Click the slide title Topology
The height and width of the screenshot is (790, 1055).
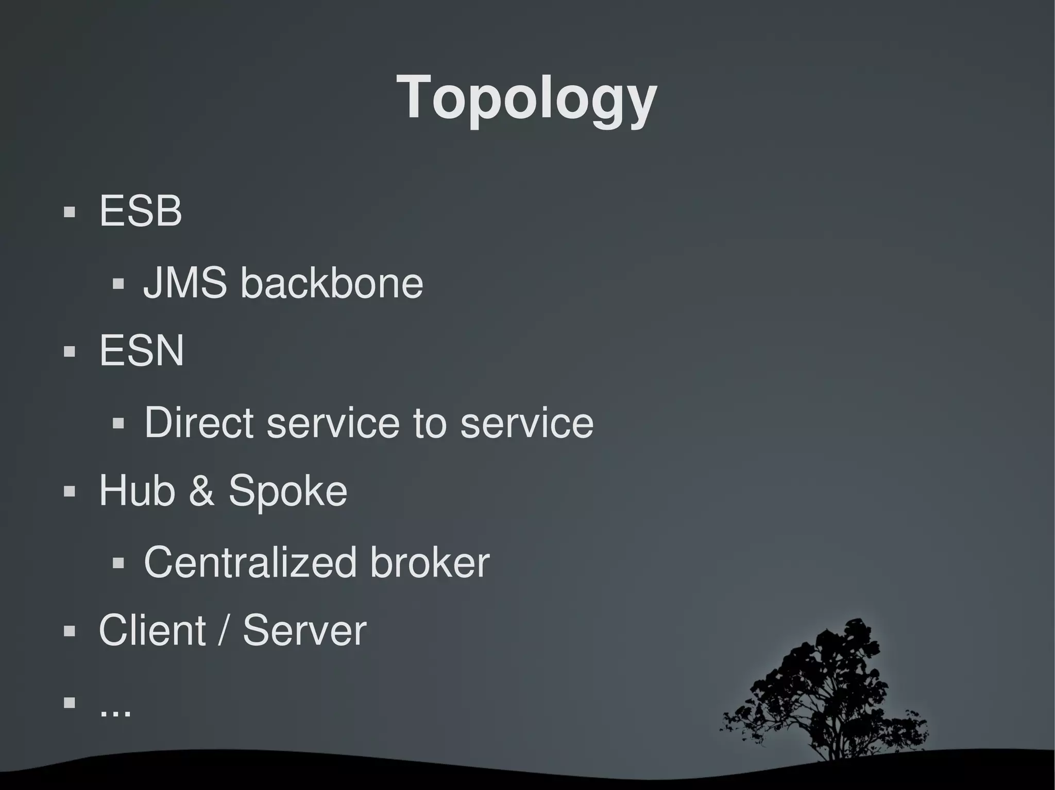click(526, 98)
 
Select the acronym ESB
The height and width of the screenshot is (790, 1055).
click(140, 210)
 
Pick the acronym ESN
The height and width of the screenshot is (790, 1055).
click(141, 350)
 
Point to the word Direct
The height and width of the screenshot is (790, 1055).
click(199, 423)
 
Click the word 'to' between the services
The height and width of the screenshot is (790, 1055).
click(430, 424)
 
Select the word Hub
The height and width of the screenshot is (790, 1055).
click(137, 490)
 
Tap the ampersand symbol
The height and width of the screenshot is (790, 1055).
click(201, 490)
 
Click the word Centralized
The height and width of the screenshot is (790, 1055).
click(250, 562)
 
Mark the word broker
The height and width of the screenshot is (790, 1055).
click(430, 562)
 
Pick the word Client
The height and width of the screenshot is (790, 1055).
click(152, 630)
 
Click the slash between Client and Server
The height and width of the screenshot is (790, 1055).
click(224, 631)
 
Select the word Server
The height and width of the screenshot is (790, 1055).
click(304, 630)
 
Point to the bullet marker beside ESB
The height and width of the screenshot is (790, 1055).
click(70, 212)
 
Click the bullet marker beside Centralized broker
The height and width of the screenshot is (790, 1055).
click(118, 563)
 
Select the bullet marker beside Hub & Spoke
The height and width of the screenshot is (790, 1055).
click(70, 491)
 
